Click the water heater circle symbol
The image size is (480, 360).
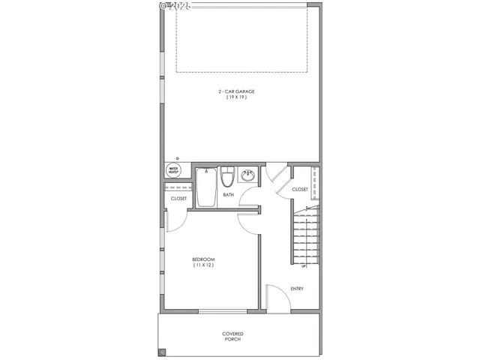click(x=173, y=170)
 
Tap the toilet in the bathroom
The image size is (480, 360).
click(x=227, y=179)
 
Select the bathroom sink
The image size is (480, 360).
click(x=248, y=177)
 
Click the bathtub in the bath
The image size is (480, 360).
click(x=207, y=187)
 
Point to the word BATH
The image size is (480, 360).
click(x=228, y=195)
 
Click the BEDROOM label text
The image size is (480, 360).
click(x=203, y=259)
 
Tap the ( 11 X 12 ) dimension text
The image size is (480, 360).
click(x=203, y=265)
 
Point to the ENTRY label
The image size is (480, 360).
click(x=297, y=289)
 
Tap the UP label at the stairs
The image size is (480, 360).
click(x=303, y=266)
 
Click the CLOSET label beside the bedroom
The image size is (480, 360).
click(x=178, y=199)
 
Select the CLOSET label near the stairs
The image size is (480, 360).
click(x=300, y=190)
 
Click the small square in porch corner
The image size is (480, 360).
click(x=161, y=351)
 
